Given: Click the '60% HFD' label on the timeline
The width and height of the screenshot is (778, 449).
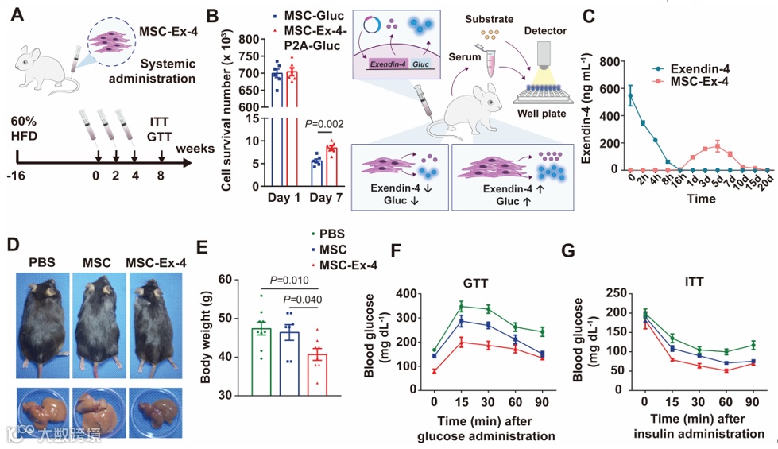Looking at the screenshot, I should pyautogui.click(x=25, y=130).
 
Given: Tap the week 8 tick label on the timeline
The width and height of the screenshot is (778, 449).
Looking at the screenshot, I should pyautogui.click(x=161, y=176).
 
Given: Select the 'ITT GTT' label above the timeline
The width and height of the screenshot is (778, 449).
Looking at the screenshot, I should pyautogui.click(x=161, y=130).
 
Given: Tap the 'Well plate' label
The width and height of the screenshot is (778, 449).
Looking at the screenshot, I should pyautogui.click(x=544, y=114).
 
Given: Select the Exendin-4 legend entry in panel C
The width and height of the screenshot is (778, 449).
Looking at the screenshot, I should pyautogui.click(x=699, y=68).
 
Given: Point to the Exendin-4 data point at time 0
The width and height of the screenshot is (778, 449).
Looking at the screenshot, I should pyautogui.click(x=631, y=95).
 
